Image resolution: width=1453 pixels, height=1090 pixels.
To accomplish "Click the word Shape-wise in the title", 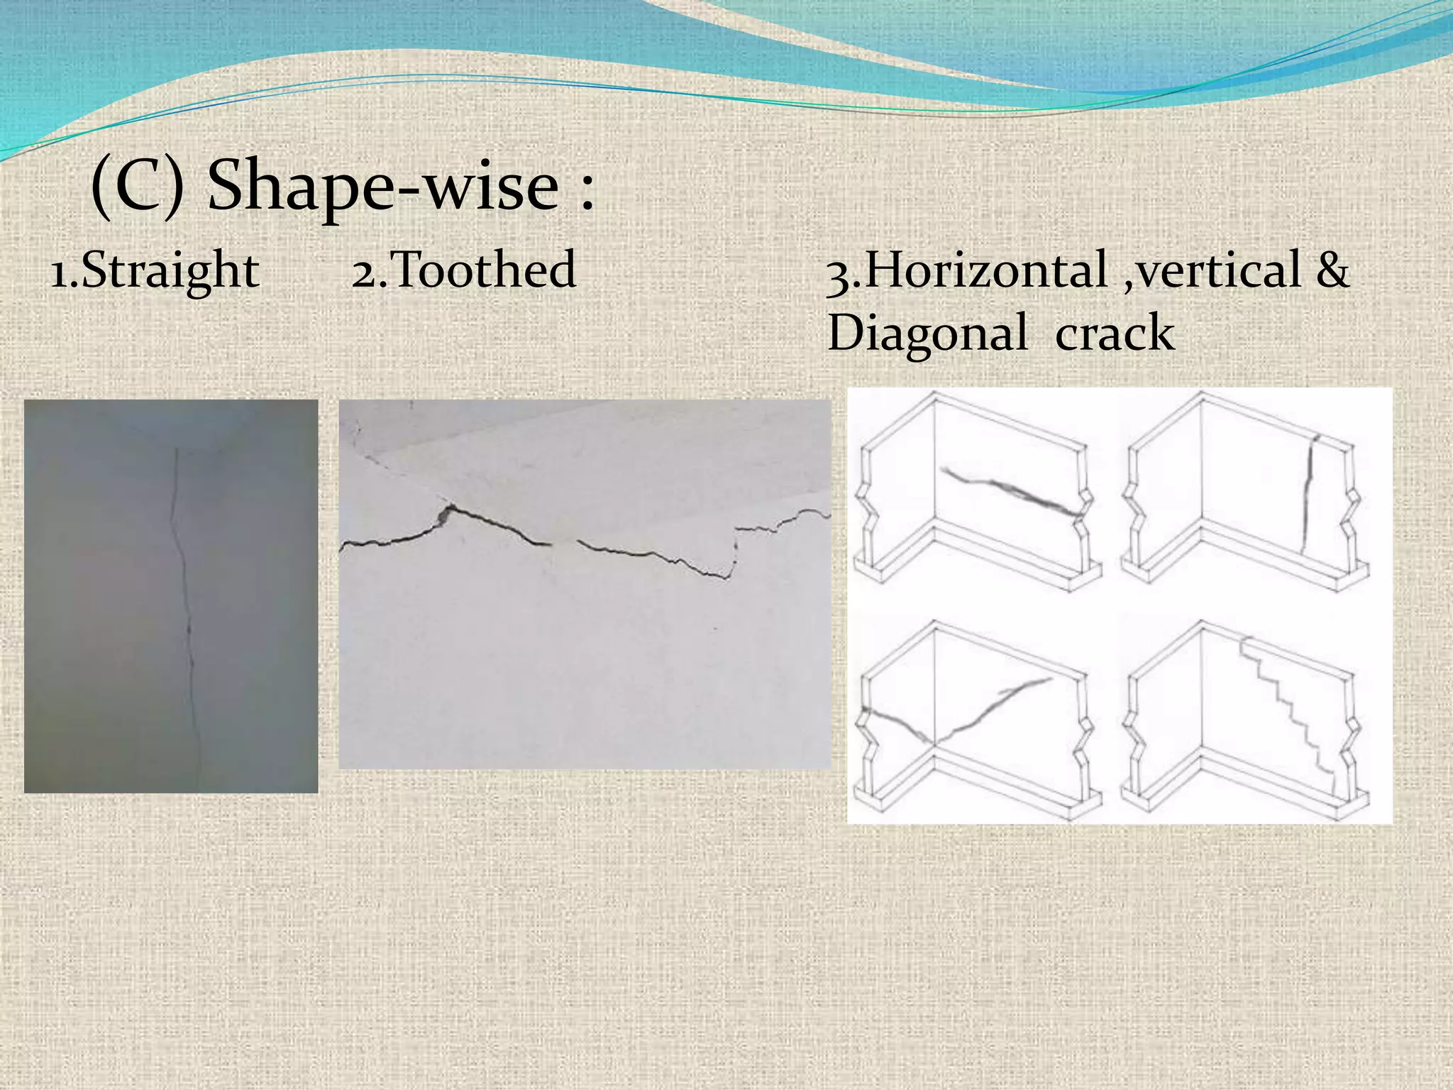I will click(383, 186).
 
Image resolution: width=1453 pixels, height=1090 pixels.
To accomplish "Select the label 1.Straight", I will click(155, 271).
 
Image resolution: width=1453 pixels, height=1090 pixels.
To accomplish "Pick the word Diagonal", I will click(927, 334).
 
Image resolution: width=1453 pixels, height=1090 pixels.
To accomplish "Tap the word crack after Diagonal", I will click(1115, 334).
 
